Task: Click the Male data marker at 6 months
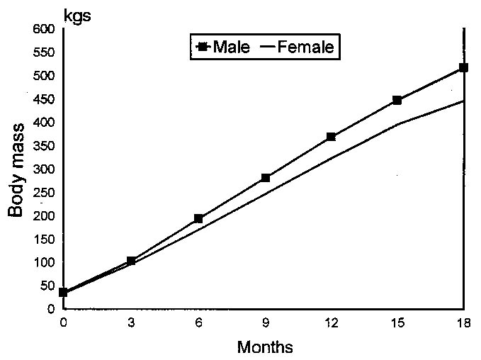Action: pos(198,219)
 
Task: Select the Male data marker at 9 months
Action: pos(265,178)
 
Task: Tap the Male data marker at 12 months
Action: pos(331,137)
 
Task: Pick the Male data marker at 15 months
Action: pos(397,101)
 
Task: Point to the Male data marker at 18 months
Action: pos(463,68)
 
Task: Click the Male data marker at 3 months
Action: pos(131,261)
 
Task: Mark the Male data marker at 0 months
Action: pos(64,292)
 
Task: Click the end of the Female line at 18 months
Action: pos(463,101)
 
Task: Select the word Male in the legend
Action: pos(237,47)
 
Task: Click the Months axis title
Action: pos(264,347)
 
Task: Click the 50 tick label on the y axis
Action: pos(48,286)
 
